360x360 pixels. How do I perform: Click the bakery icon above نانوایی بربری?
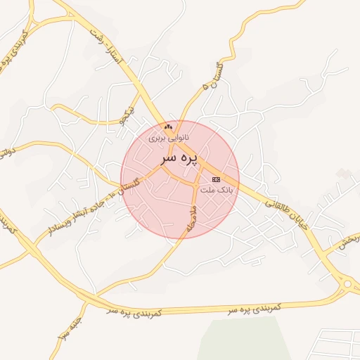pyautogui.click(x=167, y=127)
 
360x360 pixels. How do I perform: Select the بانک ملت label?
pyautogui.click(x=215, y=190)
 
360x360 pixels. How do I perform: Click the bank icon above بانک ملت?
pyautogui.click(x=215, y=180)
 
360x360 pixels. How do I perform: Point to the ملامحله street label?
pyautogui.click(x=191, y=217)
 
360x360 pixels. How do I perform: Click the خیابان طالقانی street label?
pyautogui.click(x=287, y=208)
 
